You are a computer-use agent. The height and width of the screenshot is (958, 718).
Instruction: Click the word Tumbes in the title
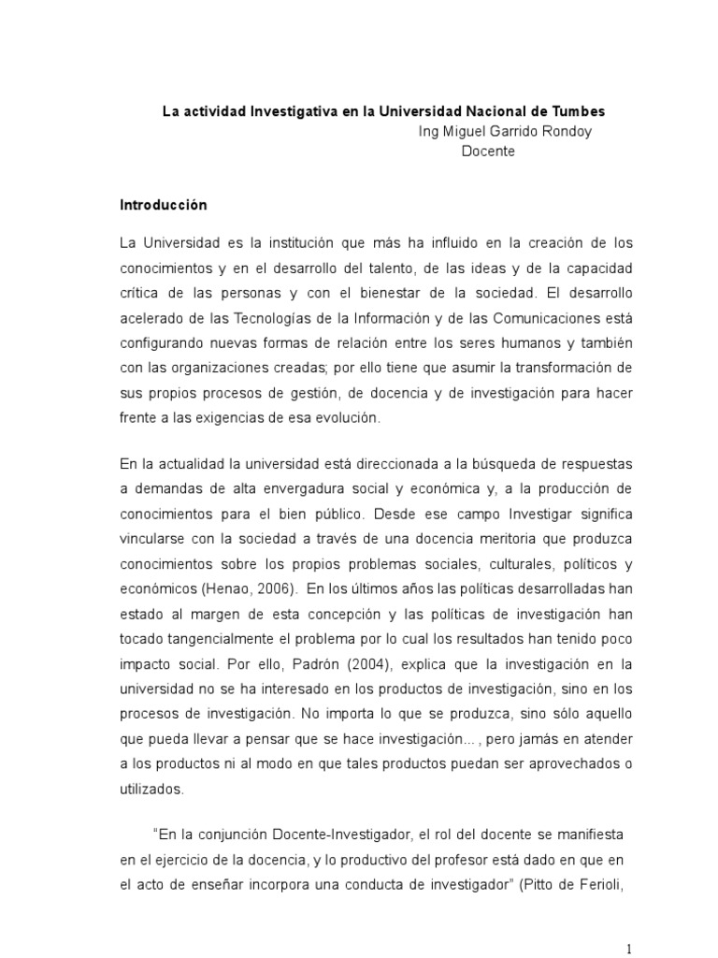(x=581, y=110)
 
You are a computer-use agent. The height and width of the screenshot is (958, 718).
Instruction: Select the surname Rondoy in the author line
(x=565, y=131)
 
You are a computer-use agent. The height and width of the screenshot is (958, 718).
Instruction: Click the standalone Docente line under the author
(x=489, y=152)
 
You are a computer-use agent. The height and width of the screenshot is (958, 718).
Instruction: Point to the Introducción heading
(x=164, y=204)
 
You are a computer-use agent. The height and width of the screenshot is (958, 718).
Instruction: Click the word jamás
(x=496, y=739)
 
